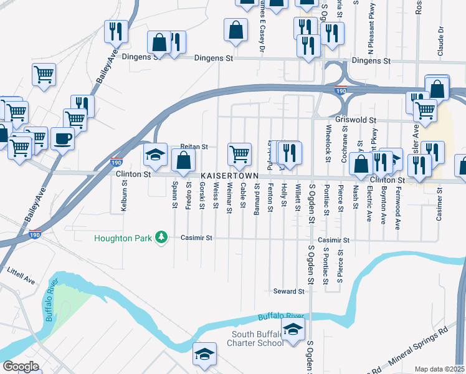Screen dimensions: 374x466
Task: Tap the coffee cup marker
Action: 62,138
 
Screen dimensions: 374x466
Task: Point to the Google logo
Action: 21,367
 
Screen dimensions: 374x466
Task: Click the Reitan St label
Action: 193,146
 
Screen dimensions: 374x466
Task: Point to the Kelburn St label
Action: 125,196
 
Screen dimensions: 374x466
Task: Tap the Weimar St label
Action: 229,195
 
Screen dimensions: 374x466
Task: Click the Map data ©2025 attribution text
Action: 439,369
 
